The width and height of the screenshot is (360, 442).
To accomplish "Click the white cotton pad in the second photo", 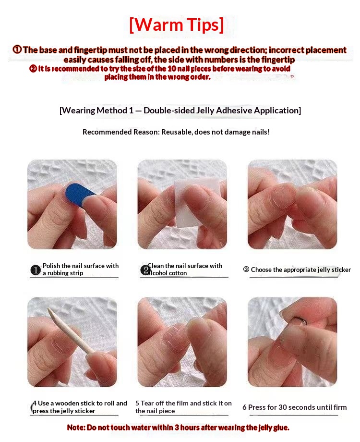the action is point(192,203).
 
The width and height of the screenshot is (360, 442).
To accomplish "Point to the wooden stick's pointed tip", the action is point(49,309).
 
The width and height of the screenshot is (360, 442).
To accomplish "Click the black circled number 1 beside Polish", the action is point(36,270).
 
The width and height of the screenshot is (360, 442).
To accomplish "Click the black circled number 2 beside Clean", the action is point(145,270).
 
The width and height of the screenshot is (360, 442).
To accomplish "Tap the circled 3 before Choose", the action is point(246,270).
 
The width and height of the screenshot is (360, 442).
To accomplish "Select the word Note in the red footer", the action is point(76,428).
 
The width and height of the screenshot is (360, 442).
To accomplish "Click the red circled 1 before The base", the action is point(17,49).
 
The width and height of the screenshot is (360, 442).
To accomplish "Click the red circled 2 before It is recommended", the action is point(33,69).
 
